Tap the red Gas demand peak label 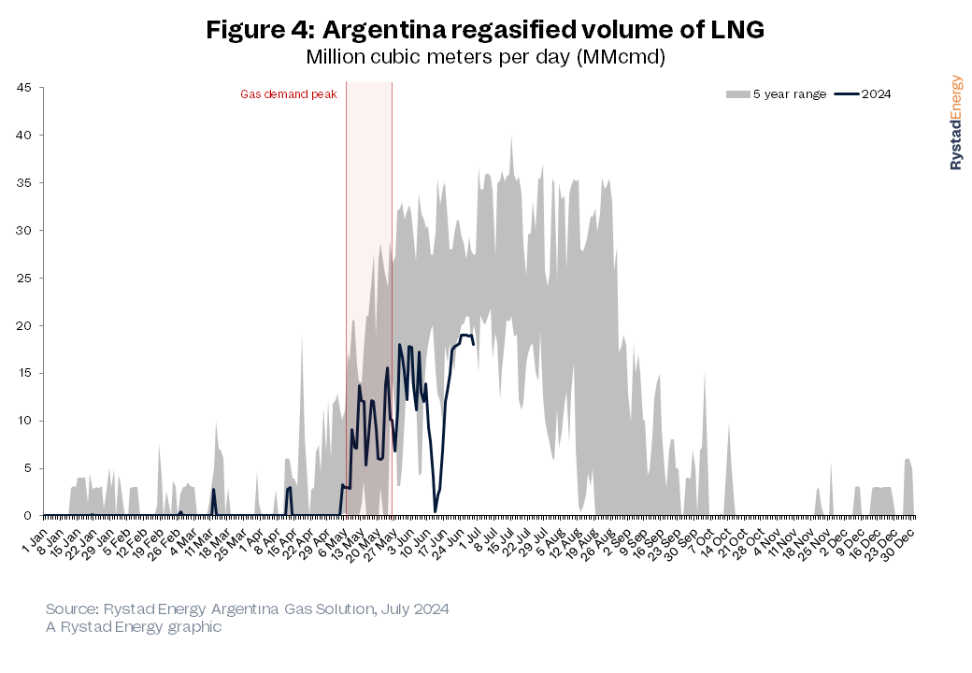pyautogui.click(x=288, y=94)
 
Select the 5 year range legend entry pyautogui.click(x=776, y=94)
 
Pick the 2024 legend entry pyautogui.click(x=864, y=94)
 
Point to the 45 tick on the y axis pyautogui.click(x=23, y=88)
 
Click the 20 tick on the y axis pyautogui.click(x=23, y=325)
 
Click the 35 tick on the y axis pyautogui.click(x=23, y=183)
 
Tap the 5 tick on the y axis pyautogui.click(x=27, y=468)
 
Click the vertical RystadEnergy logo pyautogui.click(x=956, y=122)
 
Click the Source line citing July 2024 pyautogui.click(x=247, y=609)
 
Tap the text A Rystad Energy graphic pyautogui.click(x=134, y=627)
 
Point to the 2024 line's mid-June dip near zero pyautogui.click(x=435, y=510)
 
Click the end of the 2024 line pyautogui.click(x=474, y=344)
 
